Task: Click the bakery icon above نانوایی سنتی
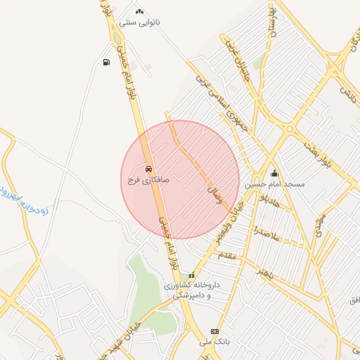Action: (139, 11)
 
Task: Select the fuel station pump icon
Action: (105, 63)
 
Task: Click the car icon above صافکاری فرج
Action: (148, 169)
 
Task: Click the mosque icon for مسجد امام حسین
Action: (274, 173)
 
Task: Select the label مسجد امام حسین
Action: (275, 184)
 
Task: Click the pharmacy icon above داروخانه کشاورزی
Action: (191, 275)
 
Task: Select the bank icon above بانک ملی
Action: (214, 331)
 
